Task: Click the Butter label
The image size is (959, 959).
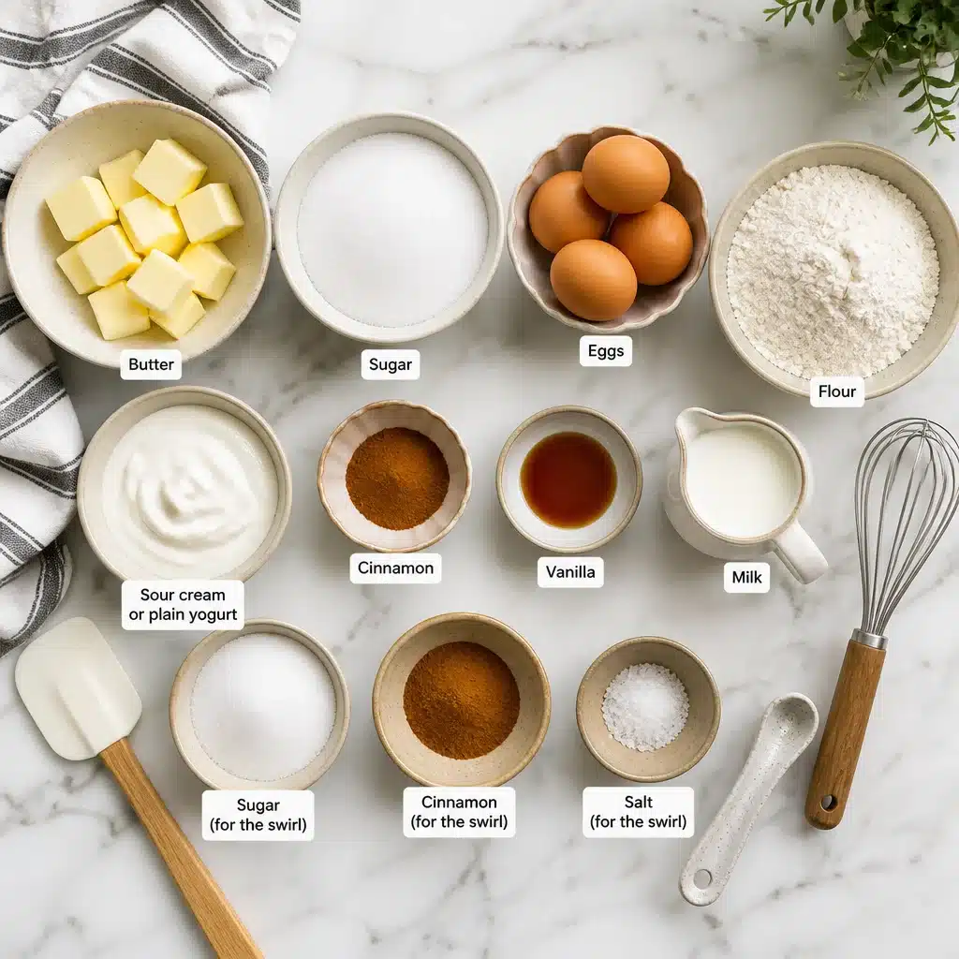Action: (x=151, y=364)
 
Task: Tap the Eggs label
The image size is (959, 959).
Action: (x=606, y=351)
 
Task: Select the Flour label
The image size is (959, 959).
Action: (x=836, y=391)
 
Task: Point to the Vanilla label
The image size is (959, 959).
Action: (x=570, y=572)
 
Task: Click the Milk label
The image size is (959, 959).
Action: (x=746, y=577)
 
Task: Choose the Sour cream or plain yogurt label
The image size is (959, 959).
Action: (x=183, y=604)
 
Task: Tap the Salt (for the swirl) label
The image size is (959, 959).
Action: (x=638, y=812)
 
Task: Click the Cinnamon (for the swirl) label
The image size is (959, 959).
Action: (x=459, y=812)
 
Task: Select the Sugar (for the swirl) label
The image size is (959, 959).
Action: (x=258, y=815)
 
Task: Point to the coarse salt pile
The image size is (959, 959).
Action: (x=645, y=707)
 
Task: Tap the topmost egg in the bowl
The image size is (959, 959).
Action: (x=625, y=174)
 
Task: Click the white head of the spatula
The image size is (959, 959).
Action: (x=78, y=688)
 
